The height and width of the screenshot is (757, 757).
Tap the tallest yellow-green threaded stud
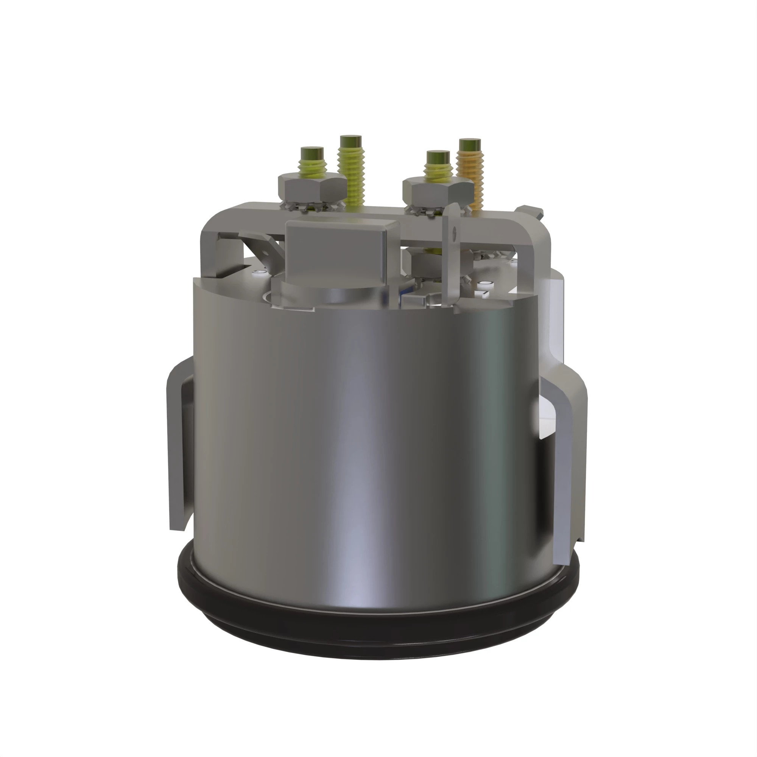(351, 168)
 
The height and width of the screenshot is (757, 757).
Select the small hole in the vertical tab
(455, 231)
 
